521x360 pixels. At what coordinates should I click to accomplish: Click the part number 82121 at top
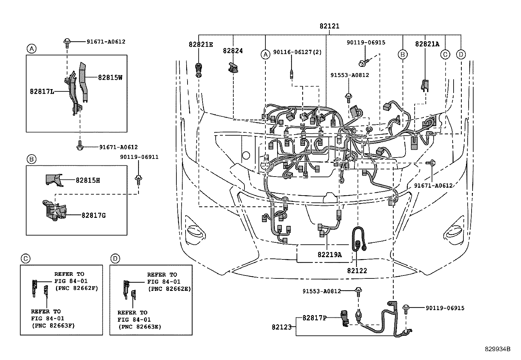(x=329, y=26)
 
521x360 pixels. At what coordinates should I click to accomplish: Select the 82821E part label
(x=200, y=44)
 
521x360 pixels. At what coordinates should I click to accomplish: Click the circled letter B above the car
(x=403, y=54)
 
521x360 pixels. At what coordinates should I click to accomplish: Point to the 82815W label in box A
(x=110, y=78)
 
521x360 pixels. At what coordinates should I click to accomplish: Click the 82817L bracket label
(x=42, y=92)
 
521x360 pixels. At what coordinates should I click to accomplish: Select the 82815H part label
(x=88, y=180)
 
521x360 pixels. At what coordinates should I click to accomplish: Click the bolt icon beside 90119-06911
(x=138, y=179)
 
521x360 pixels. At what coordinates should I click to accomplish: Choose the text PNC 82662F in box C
(x=77, y=288)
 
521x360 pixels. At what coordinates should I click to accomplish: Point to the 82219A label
(x=329, y=255)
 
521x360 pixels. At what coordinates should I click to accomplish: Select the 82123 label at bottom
(x=281, y=327)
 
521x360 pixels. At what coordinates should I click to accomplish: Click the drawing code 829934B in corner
(x=497, y=349)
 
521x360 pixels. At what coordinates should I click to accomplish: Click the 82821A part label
(x=427, y=44)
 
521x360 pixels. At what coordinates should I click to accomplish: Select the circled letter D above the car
(x=461, y=54)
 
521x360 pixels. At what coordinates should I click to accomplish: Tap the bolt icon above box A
(x=67, y=41)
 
